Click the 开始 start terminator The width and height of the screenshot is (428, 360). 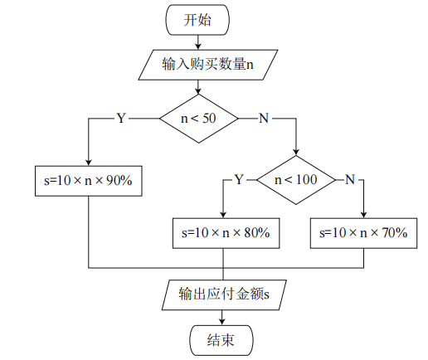click(x=197, y=20)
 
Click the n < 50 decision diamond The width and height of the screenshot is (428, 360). click(x=198, y=119)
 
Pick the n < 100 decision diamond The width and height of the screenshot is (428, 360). click(x=296, y=179)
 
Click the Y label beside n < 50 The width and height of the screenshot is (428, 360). click(x=121, y=119)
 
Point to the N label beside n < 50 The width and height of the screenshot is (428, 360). click(x=264, y=119)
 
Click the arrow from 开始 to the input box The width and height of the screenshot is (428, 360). click(x=197, y=41)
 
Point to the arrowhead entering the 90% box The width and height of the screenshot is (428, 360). click(x=87, y=163)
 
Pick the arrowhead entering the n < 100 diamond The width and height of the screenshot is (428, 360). click(x=296, y=152)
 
